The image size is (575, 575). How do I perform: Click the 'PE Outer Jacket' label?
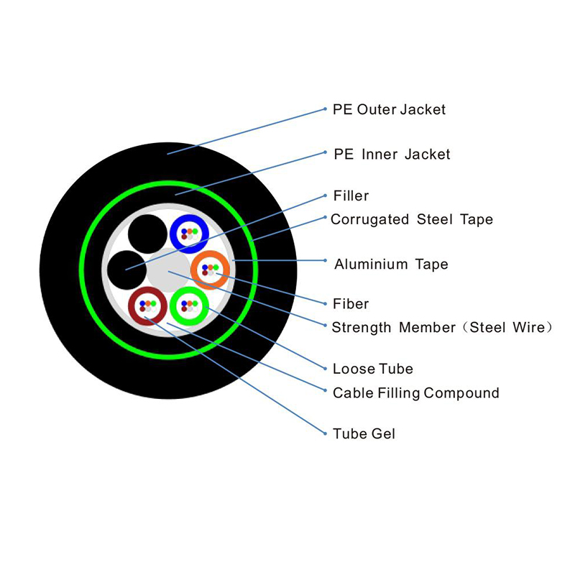[389, 110]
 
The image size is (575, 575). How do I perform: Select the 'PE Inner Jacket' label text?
[392, 155]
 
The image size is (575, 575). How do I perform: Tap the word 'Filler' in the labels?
[351, 195]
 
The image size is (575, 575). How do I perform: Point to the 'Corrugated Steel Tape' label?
[412, 219]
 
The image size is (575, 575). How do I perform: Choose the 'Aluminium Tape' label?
[391, 264]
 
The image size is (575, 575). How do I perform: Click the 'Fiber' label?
[351, 304]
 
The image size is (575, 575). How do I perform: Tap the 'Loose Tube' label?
[373, 369]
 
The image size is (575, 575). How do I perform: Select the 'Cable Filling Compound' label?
[415, 393]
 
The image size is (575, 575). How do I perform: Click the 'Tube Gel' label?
[364, 434]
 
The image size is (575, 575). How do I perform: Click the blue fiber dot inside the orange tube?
[206, 268]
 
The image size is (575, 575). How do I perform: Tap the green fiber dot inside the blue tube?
[194, 231]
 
